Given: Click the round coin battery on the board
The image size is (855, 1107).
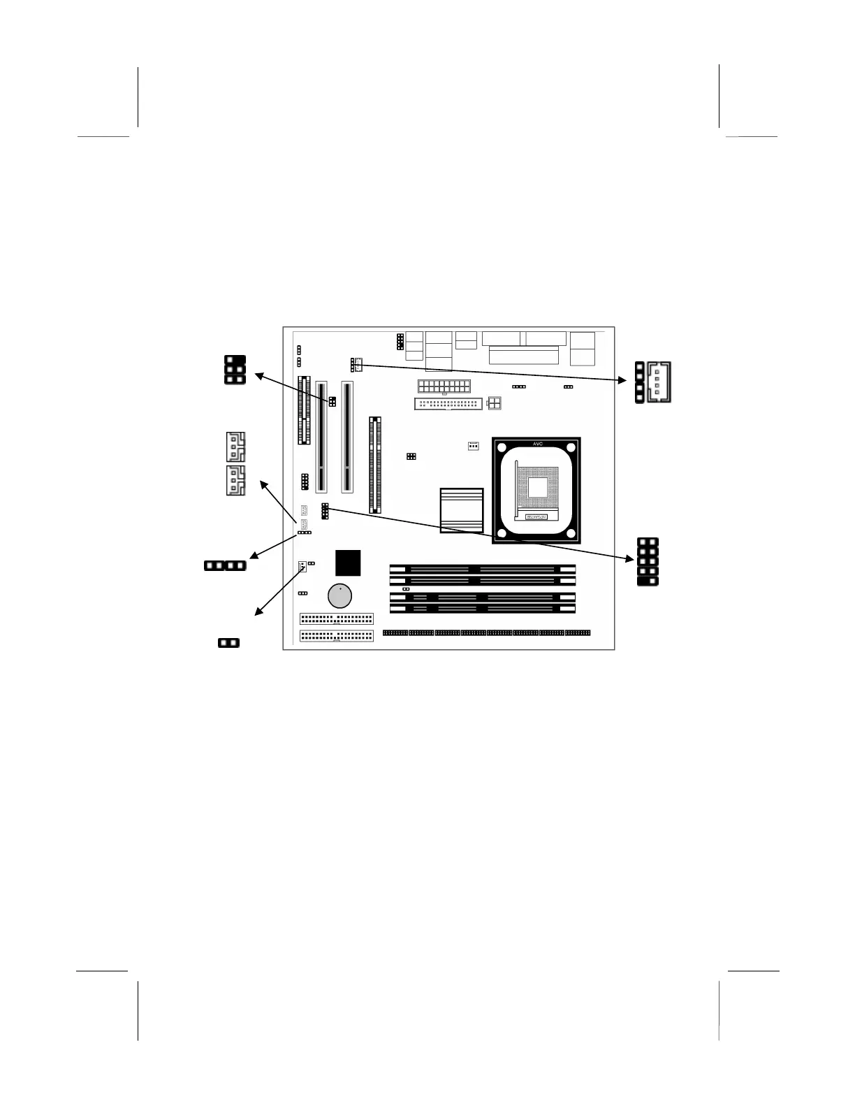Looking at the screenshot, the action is (339, 595).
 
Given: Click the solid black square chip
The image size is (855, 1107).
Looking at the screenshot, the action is (348, 563).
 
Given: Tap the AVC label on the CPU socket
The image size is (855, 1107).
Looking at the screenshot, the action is (537, 444).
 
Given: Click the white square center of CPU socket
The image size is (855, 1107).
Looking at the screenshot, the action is (537, 486).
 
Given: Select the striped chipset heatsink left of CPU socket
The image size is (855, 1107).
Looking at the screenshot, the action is (462, 510).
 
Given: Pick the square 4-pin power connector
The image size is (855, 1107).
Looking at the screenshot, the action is (495, 403).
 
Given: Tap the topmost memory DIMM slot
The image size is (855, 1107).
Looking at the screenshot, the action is (482, 570).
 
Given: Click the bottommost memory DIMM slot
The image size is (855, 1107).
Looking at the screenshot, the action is (482, 609).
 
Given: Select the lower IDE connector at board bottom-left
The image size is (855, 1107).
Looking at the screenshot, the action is (337, 636).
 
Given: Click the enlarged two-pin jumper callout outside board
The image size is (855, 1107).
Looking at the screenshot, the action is (228, 642).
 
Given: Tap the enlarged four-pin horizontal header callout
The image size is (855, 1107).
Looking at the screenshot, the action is (225, 565).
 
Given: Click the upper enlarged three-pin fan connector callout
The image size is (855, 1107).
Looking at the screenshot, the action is (235, 447).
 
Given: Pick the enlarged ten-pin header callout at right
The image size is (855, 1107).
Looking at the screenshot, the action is (648, 561).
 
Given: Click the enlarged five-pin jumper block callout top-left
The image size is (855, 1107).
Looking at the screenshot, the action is (235, 369).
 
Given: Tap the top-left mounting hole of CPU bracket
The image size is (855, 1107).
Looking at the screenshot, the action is (503, 448).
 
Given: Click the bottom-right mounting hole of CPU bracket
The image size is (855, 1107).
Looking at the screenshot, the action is (571, 535).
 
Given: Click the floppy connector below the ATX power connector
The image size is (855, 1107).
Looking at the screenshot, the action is (448, 404).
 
